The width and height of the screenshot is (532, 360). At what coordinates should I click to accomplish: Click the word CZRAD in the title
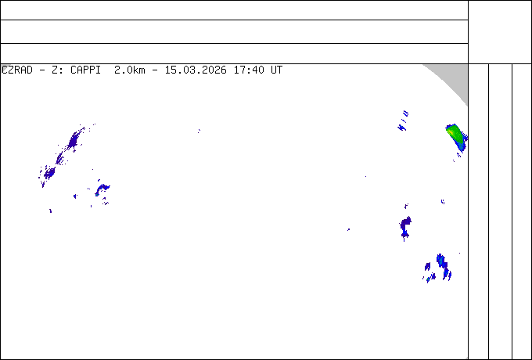(17, 70)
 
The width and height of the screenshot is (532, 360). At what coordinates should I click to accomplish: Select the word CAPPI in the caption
(86, 70)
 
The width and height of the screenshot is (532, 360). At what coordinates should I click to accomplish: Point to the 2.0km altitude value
(130, 70)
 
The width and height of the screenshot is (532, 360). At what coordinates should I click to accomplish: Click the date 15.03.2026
(196, 70)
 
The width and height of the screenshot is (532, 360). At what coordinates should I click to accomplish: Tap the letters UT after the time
(276, 70)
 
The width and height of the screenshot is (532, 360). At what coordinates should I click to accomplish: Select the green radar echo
(457, 138)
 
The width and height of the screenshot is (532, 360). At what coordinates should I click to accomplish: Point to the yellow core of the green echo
(451, 131)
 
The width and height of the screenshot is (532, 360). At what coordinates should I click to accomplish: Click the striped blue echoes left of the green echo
(403, 121)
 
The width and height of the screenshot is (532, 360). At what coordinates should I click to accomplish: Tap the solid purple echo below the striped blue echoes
(405, 227)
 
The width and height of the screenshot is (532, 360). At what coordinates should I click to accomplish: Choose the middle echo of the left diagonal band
(60, 159)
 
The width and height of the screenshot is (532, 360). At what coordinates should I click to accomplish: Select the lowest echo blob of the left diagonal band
(49, 174)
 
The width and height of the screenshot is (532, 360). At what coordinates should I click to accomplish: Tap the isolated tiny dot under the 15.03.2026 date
(199, 131)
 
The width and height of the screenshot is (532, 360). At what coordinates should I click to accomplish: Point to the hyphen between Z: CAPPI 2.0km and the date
(155, 70)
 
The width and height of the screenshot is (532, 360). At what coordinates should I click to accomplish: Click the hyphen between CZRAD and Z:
(42, 70)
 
